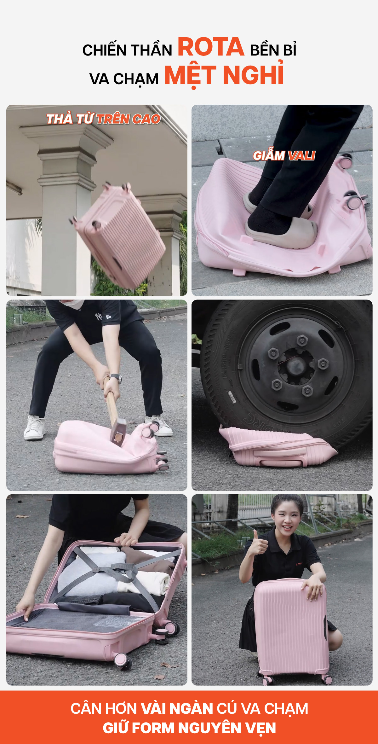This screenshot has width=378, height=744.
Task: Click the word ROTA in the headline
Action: pos(211,47)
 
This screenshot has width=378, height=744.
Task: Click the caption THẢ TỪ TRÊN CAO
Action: pos(103,119)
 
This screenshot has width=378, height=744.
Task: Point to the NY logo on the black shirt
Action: pos(99,316)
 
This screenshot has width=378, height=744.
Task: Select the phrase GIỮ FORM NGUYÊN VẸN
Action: pos(189,728)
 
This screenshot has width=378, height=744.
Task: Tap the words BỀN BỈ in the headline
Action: pos(273,50)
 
